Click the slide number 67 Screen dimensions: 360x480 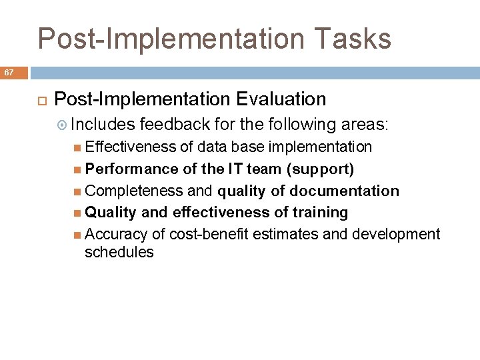pos(9,72)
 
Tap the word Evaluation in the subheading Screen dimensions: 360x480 pos(281,99)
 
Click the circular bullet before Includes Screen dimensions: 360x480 pos(63,125)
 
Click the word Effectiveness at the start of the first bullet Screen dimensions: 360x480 pos(131,147)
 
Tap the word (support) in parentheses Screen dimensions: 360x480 pos(320,169)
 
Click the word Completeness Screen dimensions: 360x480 pos(134,191)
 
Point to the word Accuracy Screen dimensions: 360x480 pos(117,234)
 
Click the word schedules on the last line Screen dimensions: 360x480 pos(119,253)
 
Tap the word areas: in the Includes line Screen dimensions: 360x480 pos(365,124)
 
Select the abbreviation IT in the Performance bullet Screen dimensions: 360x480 pos(235,169)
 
